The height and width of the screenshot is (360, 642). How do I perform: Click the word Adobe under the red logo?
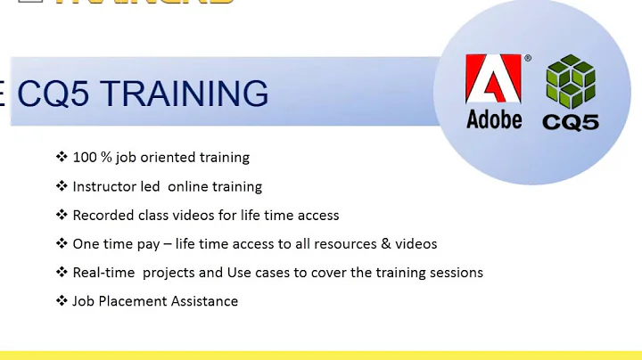click(494, 119)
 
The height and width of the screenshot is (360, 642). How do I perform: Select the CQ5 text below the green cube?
click(571, 120)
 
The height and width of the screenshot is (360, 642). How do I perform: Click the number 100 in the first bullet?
click(86, 158)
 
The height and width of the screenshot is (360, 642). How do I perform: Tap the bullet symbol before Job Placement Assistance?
click(62, 301)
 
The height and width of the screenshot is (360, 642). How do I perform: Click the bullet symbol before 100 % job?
click(62, 158)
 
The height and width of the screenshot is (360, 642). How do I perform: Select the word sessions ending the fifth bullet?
click(455, 273)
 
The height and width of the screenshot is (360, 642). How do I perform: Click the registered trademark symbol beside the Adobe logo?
click(527, 59)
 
